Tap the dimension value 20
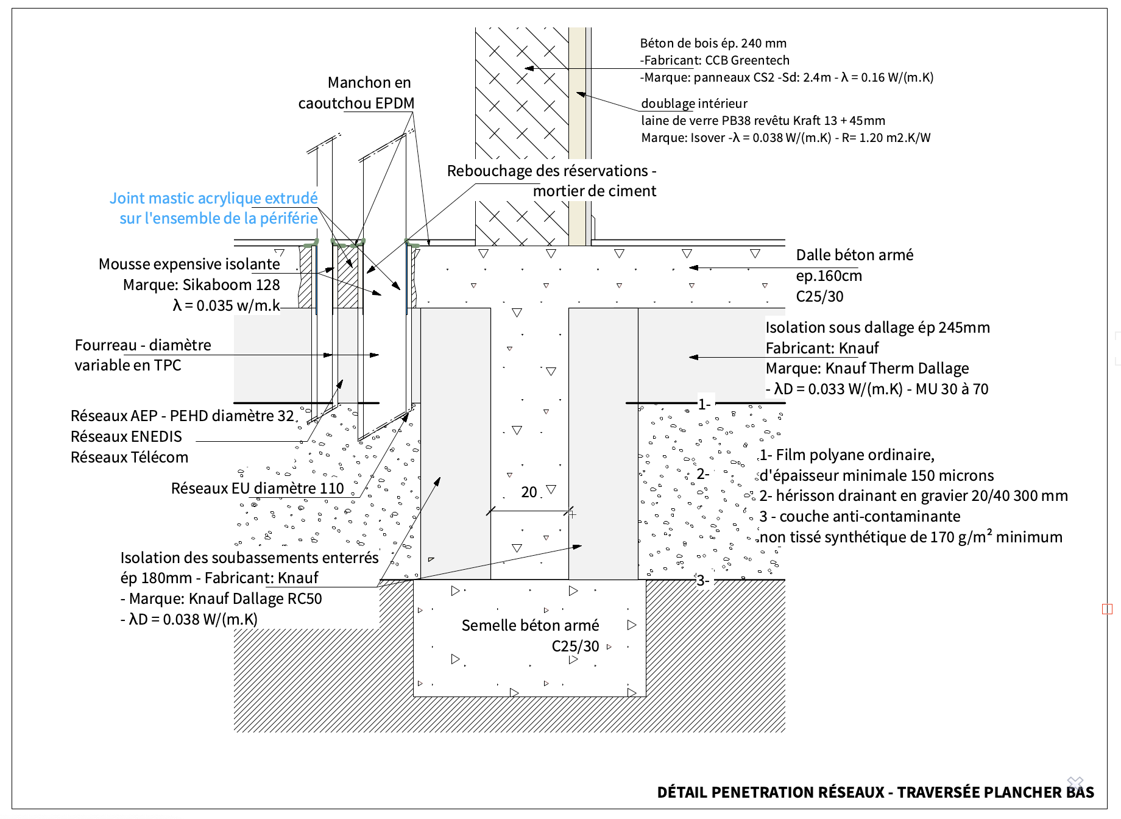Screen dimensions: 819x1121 (x=529, y=492)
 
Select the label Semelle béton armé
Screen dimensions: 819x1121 (x=530, y=625)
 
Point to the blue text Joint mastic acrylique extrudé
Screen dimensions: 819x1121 (x=213, y=198)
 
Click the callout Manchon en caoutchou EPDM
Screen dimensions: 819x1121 (x=356, y=93)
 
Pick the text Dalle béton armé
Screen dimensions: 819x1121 (x=854, y=255)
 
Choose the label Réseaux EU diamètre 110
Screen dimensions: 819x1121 (x=257, y=488)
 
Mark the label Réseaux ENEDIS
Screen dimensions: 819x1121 (x=126, y=436)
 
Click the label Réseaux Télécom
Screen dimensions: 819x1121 (x=129, y=457)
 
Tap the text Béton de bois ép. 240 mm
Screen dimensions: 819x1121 (x=713, y=43)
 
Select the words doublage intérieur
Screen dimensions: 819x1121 (x=694, y=104)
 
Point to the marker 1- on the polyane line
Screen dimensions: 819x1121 (x=704, y=404)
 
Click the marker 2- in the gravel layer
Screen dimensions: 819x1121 (x=702, y=473)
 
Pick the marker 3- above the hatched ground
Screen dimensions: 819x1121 (x=702, y=581)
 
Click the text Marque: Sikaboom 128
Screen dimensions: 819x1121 (x=201, y=285)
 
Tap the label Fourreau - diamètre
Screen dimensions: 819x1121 (x=143, y=345)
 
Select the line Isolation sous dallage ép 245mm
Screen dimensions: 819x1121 (x=877, y=327)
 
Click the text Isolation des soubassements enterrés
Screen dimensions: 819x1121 (x=249, y=558)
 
